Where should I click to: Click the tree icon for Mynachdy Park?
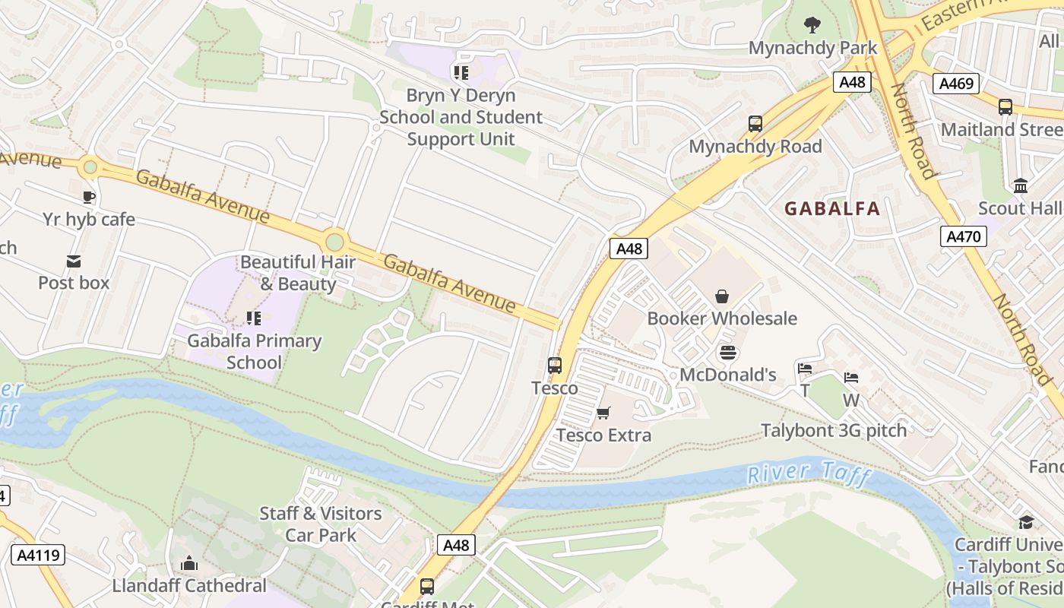812,25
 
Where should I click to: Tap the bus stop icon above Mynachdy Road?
755,124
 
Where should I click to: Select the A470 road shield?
964,236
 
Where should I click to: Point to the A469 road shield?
956,83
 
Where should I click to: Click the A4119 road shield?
38,555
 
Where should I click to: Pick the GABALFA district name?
832,208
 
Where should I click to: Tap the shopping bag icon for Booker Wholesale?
721,296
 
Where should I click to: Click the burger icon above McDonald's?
727,353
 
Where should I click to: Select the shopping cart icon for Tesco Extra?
603,413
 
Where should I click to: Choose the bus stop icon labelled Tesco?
555,366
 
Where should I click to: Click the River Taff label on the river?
807,474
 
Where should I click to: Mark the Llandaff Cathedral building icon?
188,563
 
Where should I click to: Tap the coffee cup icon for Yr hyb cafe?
89,198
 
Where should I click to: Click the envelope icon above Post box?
74,261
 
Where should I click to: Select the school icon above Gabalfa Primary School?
254,318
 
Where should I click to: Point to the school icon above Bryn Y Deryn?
461,73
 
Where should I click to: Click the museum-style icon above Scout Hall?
1020,186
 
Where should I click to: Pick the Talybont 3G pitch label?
834,430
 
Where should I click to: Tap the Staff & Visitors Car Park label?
321,524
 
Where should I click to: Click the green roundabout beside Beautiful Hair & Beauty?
334,242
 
